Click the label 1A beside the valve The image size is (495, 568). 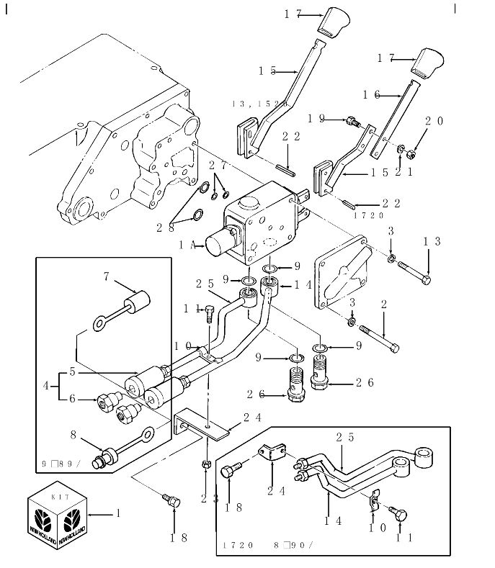coord(185,245)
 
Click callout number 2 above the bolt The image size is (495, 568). coord(383,305)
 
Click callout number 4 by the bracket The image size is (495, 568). coord(47,386)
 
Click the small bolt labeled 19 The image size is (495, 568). coord(353,122)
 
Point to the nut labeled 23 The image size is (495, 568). coord(206,463)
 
